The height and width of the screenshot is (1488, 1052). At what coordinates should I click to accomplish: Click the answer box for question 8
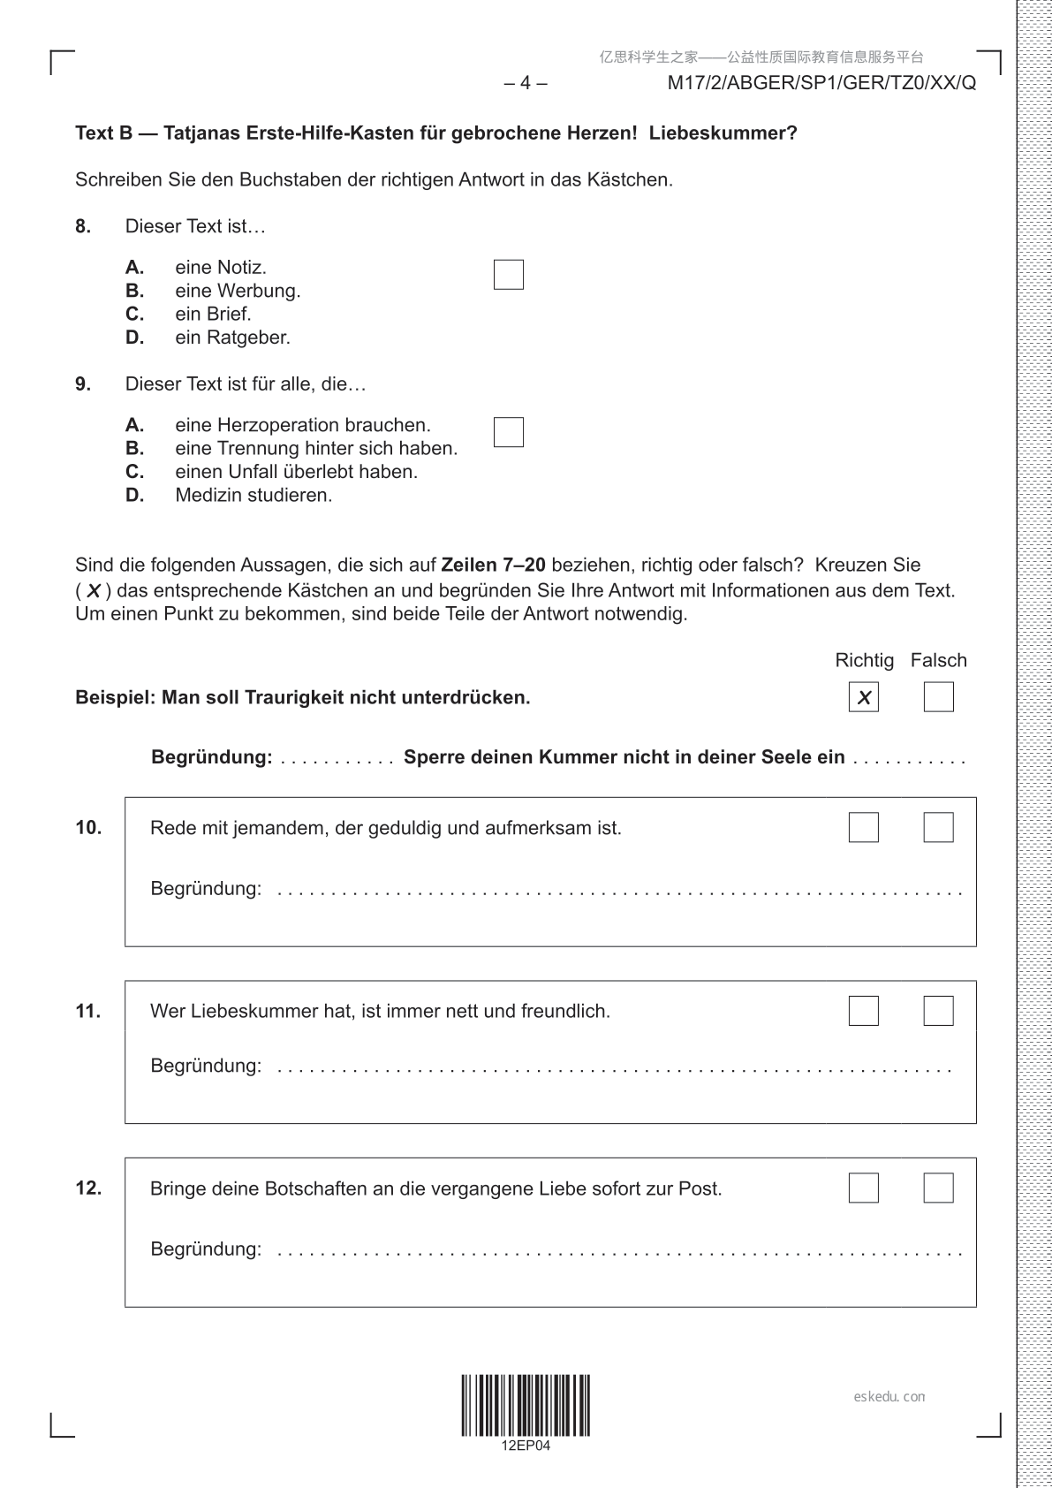508,275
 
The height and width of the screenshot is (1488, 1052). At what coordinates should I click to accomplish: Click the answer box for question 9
508,432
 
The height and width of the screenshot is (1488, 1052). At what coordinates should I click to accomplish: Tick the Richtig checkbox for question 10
863,827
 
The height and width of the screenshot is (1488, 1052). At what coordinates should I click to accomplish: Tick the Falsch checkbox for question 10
938,827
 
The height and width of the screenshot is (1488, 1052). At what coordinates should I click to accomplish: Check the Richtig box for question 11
863,1010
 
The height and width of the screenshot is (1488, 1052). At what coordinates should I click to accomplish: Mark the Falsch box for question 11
938,1010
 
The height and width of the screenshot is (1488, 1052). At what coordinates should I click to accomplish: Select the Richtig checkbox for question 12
863,1188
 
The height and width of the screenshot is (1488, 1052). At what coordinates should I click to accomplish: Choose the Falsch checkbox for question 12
938,1188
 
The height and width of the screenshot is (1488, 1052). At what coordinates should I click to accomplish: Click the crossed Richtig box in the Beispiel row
863,697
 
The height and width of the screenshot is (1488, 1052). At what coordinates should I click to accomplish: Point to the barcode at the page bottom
525,1404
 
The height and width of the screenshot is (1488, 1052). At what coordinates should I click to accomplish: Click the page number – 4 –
525,83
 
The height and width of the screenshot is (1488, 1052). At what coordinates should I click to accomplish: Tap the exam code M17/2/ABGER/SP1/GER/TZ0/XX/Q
821,83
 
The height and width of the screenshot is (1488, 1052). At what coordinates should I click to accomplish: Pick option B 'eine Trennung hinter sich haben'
315,449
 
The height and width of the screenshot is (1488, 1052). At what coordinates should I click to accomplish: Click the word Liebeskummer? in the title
723,133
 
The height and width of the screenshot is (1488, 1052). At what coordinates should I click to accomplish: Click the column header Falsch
938,660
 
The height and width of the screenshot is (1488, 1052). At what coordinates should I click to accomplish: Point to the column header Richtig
864,660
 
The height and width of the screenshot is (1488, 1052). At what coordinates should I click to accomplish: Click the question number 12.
88,1188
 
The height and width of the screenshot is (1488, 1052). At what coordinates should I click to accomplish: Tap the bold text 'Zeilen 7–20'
493,565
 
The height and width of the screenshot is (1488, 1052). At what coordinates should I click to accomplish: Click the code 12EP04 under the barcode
525,1446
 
